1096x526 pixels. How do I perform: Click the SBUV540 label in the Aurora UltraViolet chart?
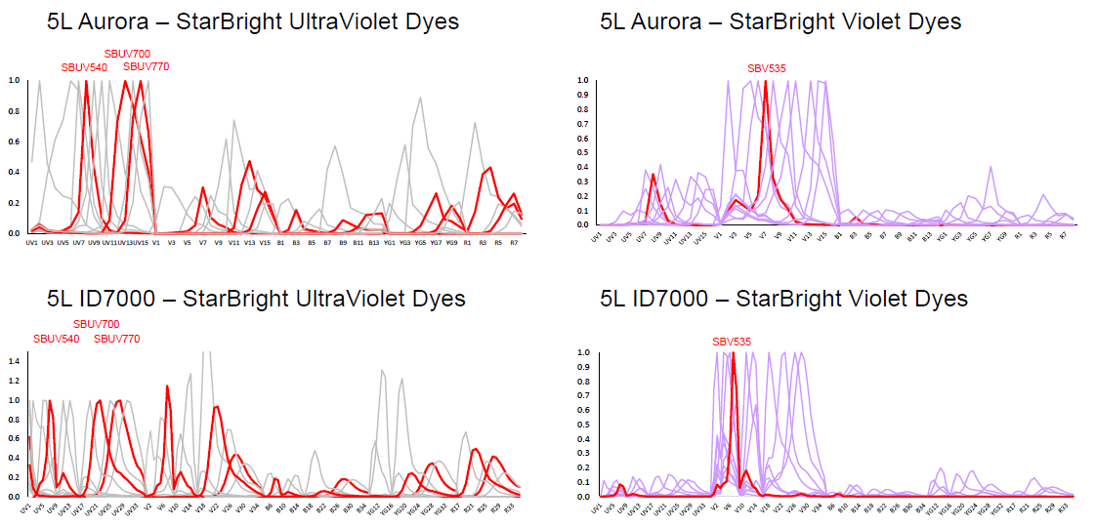(84, 67)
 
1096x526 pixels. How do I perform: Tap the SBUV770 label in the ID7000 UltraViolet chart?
(117, 339)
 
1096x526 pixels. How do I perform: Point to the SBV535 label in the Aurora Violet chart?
(767, 68)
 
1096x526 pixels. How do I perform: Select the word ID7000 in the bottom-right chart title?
(675, 298)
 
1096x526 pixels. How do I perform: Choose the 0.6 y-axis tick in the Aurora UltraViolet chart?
(14, 142)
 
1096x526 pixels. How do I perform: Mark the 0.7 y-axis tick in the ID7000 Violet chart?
(582, 395)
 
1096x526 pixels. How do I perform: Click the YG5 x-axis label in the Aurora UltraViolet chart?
(420, 242)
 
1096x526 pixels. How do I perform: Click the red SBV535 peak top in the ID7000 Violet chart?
(733, 353)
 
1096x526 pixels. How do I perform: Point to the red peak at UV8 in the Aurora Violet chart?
(653, 176)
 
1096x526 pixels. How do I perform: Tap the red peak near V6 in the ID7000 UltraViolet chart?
(167, 386)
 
